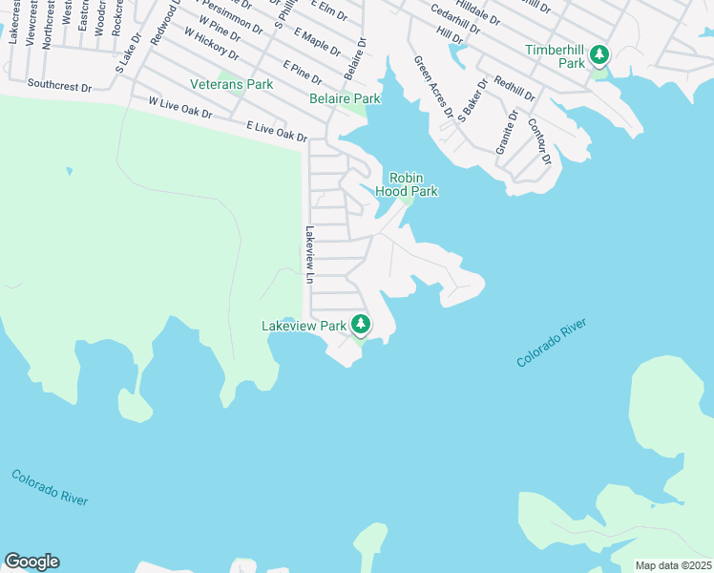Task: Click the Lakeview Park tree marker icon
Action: [361, 325]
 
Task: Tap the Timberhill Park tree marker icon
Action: [598, 53]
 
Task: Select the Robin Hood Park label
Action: [412, 184]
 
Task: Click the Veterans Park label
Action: [231, 84]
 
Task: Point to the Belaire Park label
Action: [345, 98]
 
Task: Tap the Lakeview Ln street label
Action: [309, 255]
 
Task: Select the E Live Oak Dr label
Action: [277, 132]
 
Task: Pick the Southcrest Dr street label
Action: [59, 86]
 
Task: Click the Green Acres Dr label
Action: [432, 86]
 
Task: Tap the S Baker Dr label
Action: [472, 99]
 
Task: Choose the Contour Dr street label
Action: [539, 143]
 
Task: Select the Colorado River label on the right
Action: [551, 345]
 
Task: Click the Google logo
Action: [31, 562]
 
